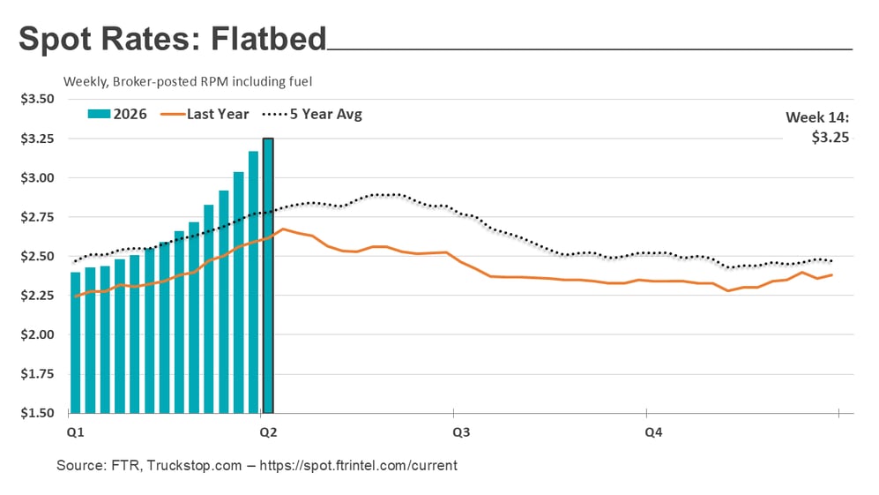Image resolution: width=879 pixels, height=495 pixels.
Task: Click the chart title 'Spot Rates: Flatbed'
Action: [x=173, y=40]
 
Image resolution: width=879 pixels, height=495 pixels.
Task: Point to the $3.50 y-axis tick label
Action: [x=37, y=99]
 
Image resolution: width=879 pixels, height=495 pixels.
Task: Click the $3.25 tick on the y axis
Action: [x=37, y=139]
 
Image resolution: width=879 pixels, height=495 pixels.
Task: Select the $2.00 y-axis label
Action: [x=37, y=334]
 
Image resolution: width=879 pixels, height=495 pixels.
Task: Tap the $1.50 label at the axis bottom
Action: [x=37, y=413]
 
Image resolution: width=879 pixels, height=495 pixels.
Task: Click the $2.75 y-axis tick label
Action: [x=37, y=217]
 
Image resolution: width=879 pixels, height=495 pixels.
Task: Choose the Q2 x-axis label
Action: [x=268, y=432]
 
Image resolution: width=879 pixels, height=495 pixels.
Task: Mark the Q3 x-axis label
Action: [x=461, y=432]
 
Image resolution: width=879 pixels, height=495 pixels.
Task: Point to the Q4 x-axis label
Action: [x=653, y=432]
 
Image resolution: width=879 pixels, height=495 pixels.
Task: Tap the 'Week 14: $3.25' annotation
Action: [x=816, y=127]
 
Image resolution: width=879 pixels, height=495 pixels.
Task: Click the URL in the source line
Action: [x=359, y=465]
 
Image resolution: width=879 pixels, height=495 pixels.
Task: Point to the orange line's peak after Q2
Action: [x=283, y=229]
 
